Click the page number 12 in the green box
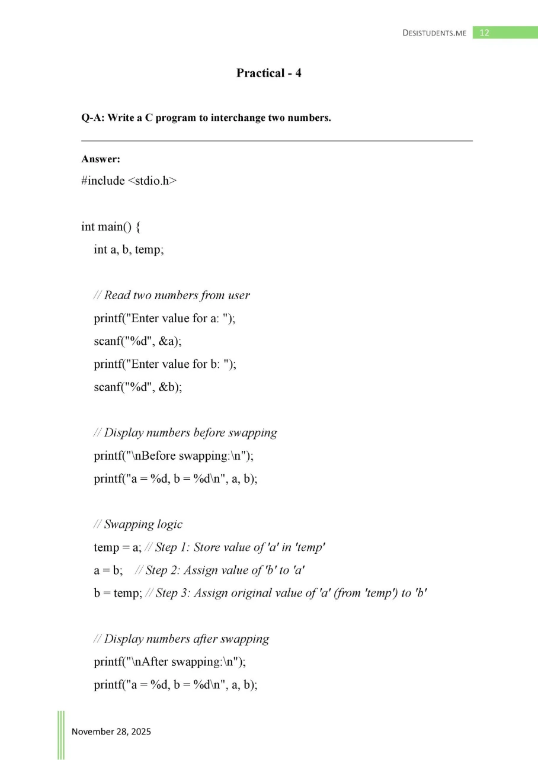484,33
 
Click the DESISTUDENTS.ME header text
434,33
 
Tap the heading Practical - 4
269,73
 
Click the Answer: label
101,159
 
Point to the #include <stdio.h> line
129,181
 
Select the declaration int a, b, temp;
128,249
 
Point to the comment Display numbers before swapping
185,432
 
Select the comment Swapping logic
138,524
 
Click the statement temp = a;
117,547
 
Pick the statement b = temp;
117,593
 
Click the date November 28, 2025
111,732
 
